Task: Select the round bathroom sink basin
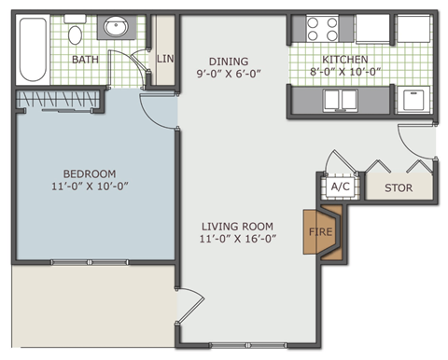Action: coord(116,27)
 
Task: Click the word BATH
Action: coord(86,60)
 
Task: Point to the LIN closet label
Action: coord(165,59)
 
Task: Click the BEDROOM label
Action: coord(90,173)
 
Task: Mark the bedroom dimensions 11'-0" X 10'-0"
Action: coord(90,186)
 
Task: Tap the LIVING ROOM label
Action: coord(238,226)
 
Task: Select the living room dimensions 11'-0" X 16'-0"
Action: coord(238,238)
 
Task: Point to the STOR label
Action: coord(399,187)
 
